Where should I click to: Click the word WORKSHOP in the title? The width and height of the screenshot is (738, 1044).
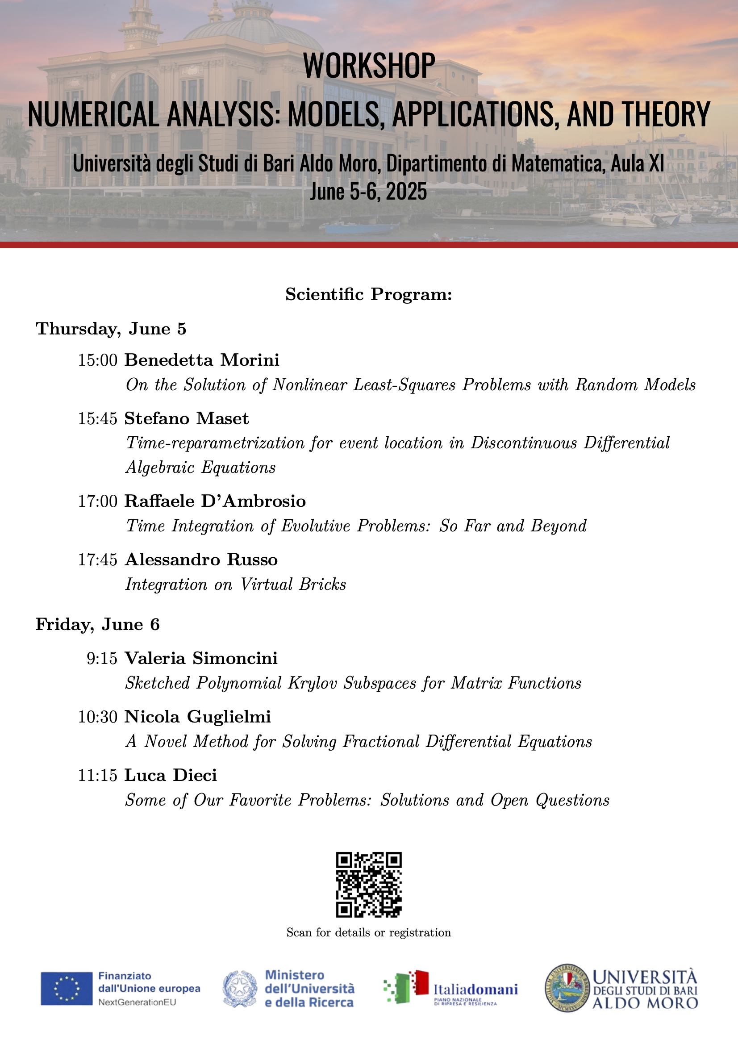[369, 66]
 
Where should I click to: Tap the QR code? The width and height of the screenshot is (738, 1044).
[369, 885]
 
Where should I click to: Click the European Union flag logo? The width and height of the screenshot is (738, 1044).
[67, 988]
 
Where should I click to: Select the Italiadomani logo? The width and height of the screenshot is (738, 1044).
[450, 988]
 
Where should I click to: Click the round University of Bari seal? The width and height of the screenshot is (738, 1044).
[567, 988]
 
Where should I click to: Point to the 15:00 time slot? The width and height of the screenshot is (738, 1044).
[98, 360]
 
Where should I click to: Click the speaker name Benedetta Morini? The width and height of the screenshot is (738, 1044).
[202, 360]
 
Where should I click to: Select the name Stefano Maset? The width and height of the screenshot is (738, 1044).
[187, 418]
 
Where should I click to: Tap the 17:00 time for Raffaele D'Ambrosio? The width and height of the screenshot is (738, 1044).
[98, 501]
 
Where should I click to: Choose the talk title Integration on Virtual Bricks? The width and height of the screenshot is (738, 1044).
[236, 585]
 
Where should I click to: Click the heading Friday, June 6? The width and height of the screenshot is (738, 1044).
[98, 624]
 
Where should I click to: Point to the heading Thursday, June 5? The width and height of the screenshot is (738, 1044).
[111, 329]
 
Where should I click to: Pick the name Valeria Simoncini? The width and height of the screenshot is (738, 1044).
[201, 658]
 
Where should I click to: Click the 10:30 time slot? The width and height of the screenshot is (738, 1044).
[98, 717]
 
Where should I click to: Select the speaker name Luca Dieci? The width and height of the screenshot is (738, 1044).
[171, 775]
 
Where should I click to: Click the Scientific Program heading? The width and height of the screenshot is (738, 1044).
[369, 295]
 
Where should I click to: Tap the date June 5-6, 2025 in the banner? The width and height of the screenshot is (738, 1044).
[369, 192]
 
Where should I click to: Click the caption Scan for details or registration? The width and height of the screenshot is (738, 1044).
[369, 933]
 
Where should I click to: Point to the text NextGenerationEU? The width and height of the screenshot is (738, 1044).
[137, 1002]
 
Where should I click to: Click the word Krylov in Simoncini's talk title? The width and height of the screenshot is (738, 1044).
[313, 683]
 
